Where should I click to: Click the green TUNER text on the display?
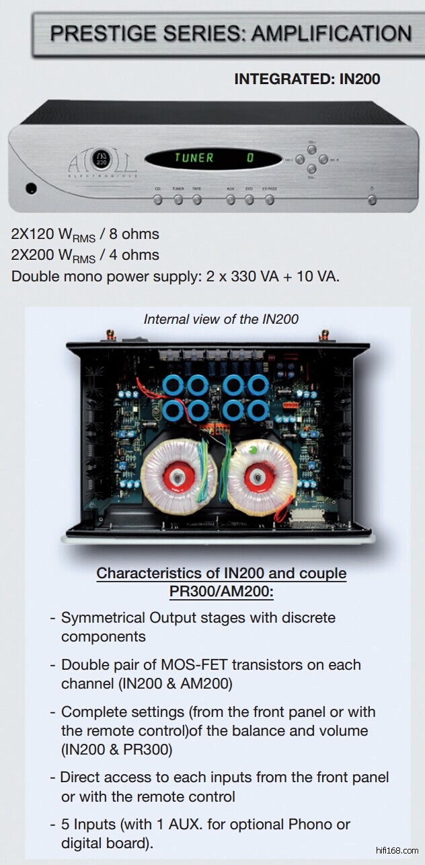[x=194, y=158]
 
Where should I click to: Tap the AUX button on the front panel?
[x=231, y=200]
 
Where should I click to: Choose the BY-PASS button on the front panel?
[x=270, y=200]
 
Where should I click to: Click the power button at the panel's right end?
[x=372, y=200]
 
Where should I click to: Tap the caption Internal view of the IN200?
[x=221, y=319]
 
